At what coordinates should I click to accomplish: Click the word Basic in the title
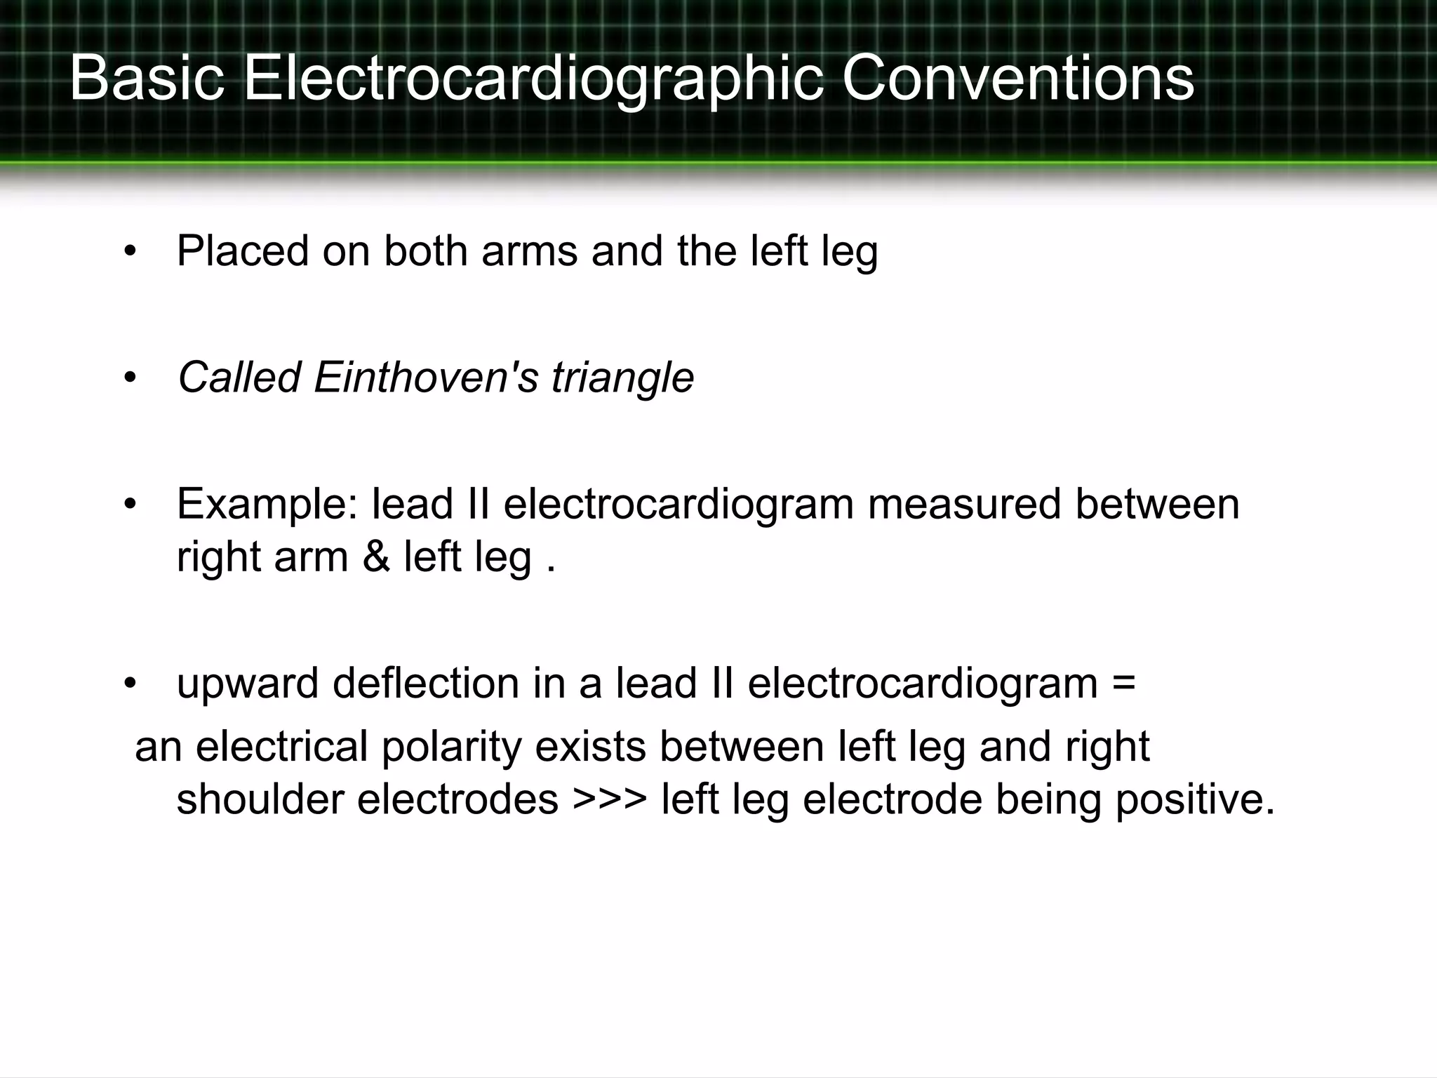click(x=147, y=79)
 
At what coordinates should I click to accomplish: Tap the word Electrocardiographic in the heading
click(x=533, y=79)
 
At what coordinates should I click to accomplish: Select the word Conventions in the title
click(x=1017, y=79)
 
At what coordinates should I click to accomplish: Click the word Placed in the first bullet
click(x=243, y=251)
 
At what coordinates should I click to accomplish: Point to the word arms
click(x=529, y=251)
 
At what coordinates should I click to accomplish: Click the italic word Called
click(x=239, y=377)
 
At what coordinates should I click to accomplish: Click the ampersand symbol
click(x=376, y=557)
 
